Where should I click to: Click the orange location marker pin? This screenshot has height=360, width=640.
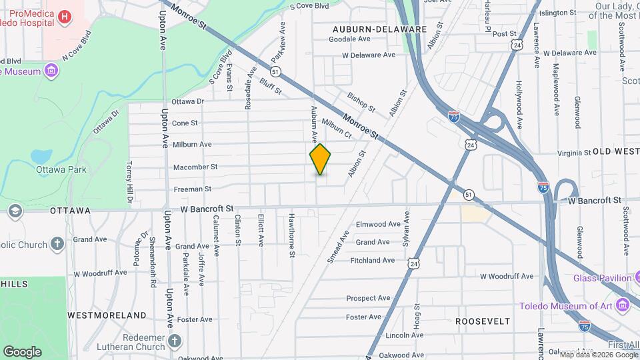tap(321, 159)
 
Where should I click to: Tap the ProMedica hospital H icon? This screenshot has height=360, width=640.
tap(65, 17)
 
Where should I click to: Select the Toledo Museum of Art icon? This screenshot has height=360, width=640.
tap(623, 306)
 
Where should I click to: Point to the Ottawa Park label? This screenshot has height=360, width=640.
tap(61, 169)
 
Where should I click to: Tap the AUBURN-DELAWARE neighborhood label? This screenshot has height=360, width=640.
tap(379, 29)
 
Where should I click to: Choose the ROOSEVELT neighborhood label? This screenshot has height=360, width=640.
tap(483, 321)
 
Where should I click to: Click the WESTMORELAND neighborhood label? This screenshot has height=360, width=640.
tap(107, 315)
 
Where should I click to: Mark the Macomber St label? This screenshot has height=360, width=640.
tap(195, 167)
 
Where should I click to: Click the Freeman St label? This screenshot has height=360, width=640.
tap(192, 189)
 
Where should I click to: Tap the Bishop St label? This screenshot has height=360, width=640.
tap(361, 101)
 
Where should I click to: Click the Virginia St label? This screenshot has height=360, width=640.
tap(565, 153)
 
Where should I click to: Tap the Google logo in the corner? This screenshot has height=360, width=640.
tap(22, 351)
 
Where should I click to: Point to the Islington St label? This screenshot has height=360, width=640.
tap(557, 13)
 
